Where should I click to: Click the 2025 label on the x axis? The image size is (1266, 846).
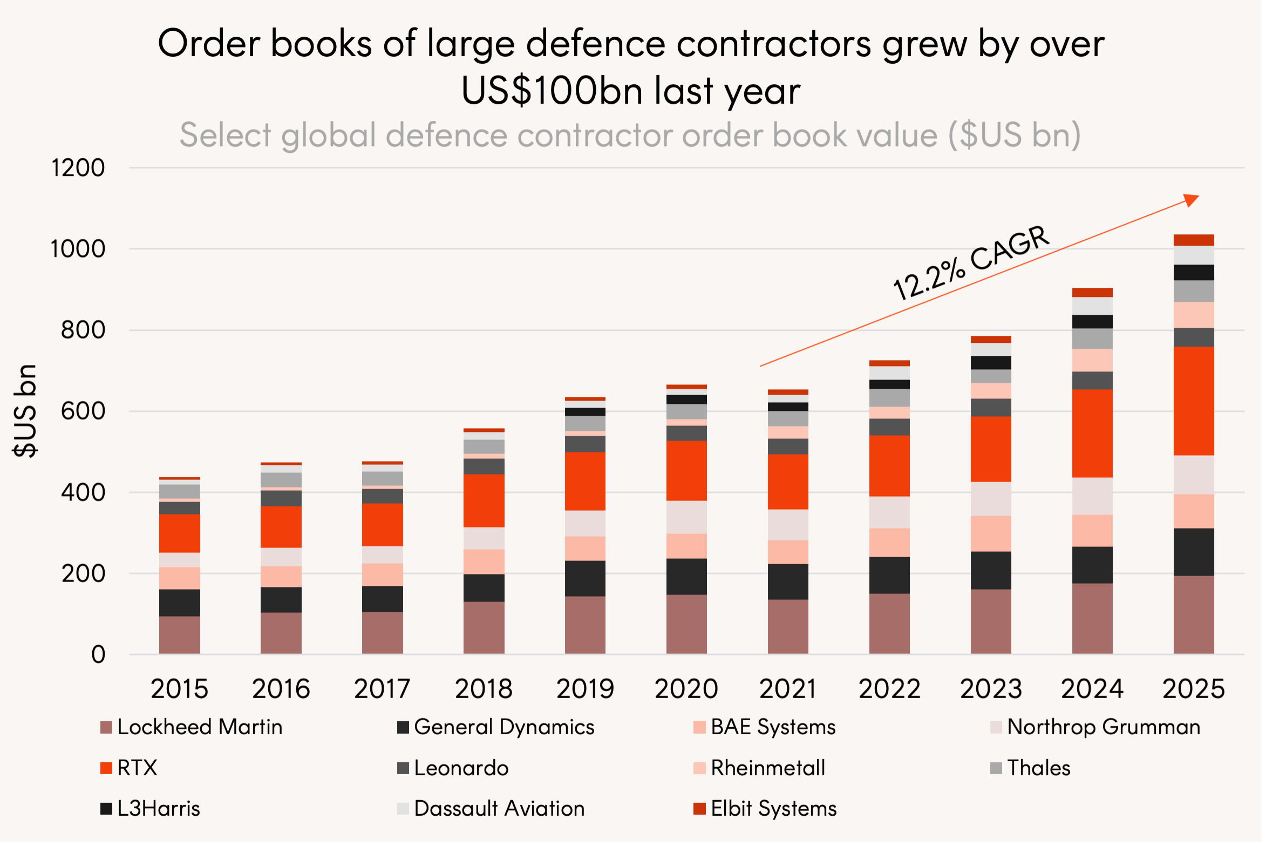1193,689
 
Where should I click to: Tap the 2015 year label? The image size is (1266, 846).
179,689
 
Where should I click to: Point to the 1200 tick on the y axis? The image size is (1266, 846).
78,168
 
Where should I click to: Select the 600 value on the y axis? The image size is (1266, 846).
83,411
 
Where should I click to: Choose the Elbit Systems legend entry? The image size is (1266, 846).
773,809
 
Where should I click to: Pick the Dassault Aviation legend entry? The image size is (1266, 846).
499,809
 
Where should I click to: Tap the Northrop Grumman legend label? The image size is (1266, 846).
1104,727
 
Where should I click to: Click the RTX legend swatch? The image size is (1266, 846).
106,768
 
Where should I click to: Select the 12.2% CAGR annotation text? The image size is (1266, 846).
970,263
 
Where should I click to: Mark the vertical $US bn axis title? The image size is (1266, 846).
25,411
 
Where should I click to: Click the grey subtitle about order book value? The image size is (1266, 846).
630,135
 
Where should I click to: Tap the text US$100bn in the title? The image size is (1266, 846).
552,90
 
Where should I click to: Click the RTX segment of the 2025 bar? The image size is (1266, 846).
1193,401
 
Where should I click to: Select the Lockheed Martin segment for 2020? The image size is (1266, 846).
686,624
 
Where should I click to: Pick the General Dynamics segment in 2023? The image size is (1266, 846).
991,570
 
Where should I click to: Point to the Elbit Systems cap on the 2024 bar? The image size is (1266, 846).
1092,293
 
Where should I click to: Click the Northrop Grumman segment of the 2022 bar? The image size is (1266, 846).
889,512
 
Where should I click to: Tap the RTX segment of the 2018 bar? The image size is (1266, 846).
484,500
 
